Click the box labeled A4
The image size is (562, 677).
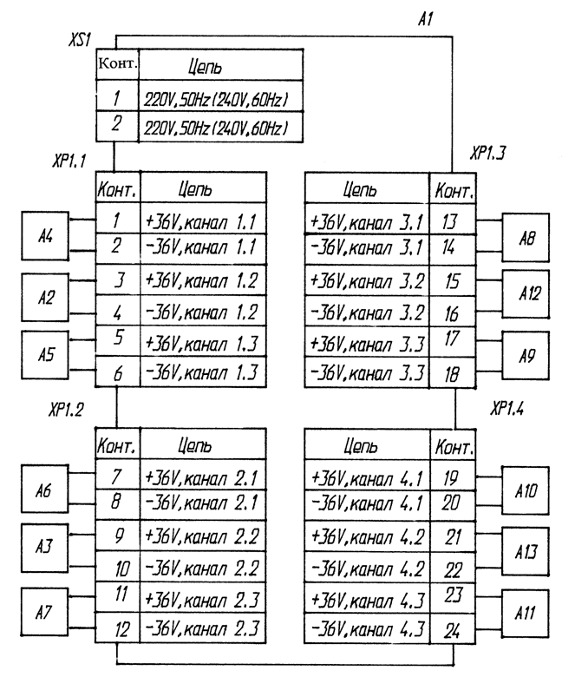click(45, 236)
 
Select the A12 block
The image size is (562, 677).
click(526, 294)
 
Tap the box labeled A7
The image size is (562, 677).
click(45, 612)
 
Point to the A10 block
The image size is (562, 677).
click(526, 490)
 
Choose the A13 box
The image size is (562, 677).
click(526, 551)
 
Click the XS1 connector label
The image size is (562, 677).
click(80, 40)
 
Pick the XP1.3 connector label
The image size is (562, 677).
click(487, 153)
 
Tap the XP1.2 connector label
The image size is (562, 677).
click(66, 410)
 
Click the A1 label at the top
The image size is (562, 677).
click(425, 19)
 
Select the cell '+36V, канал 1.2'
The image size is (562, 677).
click(203, 280)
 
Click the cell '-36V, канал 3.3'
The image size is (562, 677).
click(367, 372)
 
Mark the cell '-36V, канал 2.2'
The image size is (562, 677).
click(203, 567)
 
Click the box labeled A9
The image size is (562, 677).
click(526, 356)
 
